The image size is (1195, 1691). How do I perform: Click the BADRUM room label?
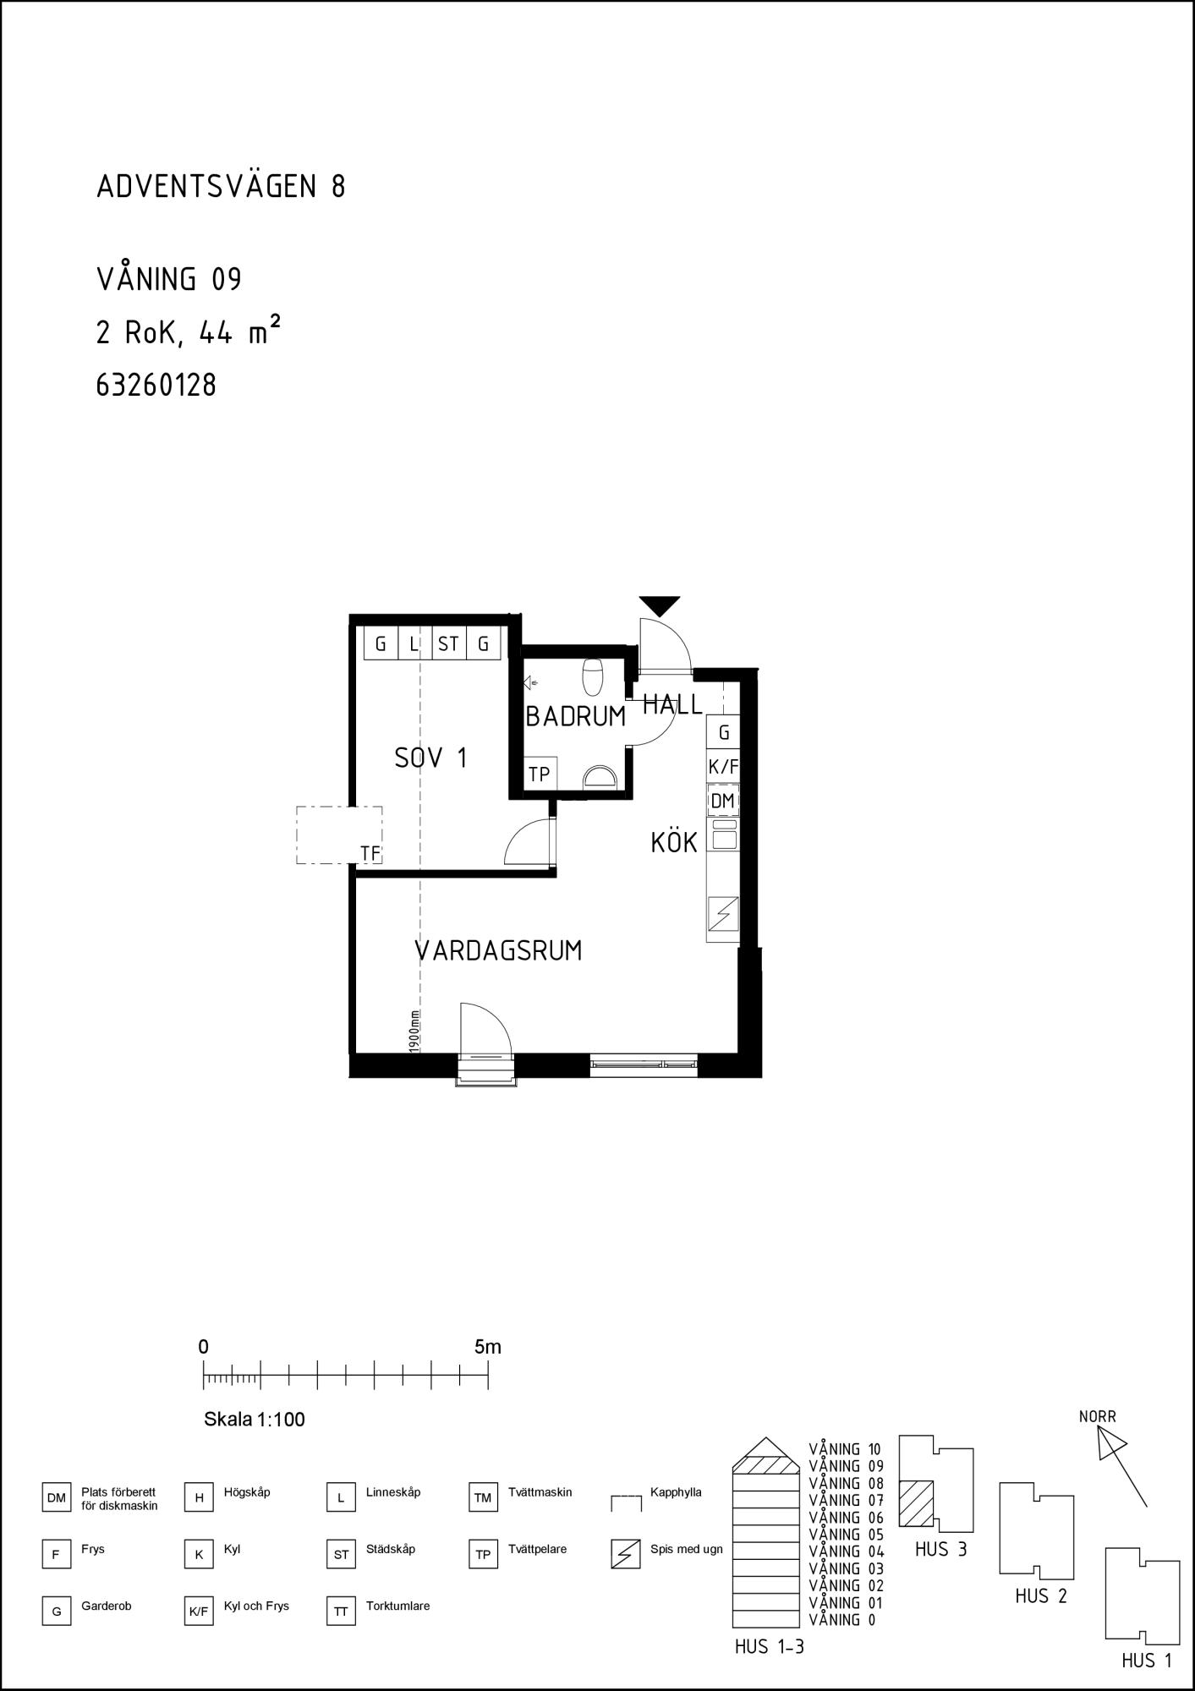[x=575, y=716]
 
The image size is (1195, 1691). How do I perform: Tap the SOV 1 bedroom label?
[x=430, y=758]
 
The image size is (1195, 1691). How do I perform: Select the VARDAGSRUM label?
[x=498, y=950]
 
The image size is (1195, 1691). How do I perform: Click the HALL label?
[x=672, y=704]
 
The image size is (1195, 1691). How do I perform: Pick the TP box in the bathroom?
[x=540, y=774]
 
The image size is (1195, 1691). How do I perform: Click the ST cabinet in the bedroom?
[x=448, y=643]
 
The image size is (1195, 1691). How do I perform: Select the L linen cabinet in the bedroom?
[x=414, y=643]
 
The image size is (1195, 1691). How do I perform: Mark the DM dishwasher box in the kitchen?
[x=723, y=801]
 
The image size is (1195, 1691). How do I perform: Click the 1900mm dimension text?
[x=414, y=1031]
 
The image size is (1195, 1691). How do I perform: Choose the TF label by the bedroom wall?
[x=370, y=854]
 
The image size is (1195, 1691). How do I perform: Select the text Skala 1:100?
[x=255, y=1419]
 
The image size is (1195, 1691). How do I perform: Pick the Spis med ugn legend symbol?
[x=625, y=1554]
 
